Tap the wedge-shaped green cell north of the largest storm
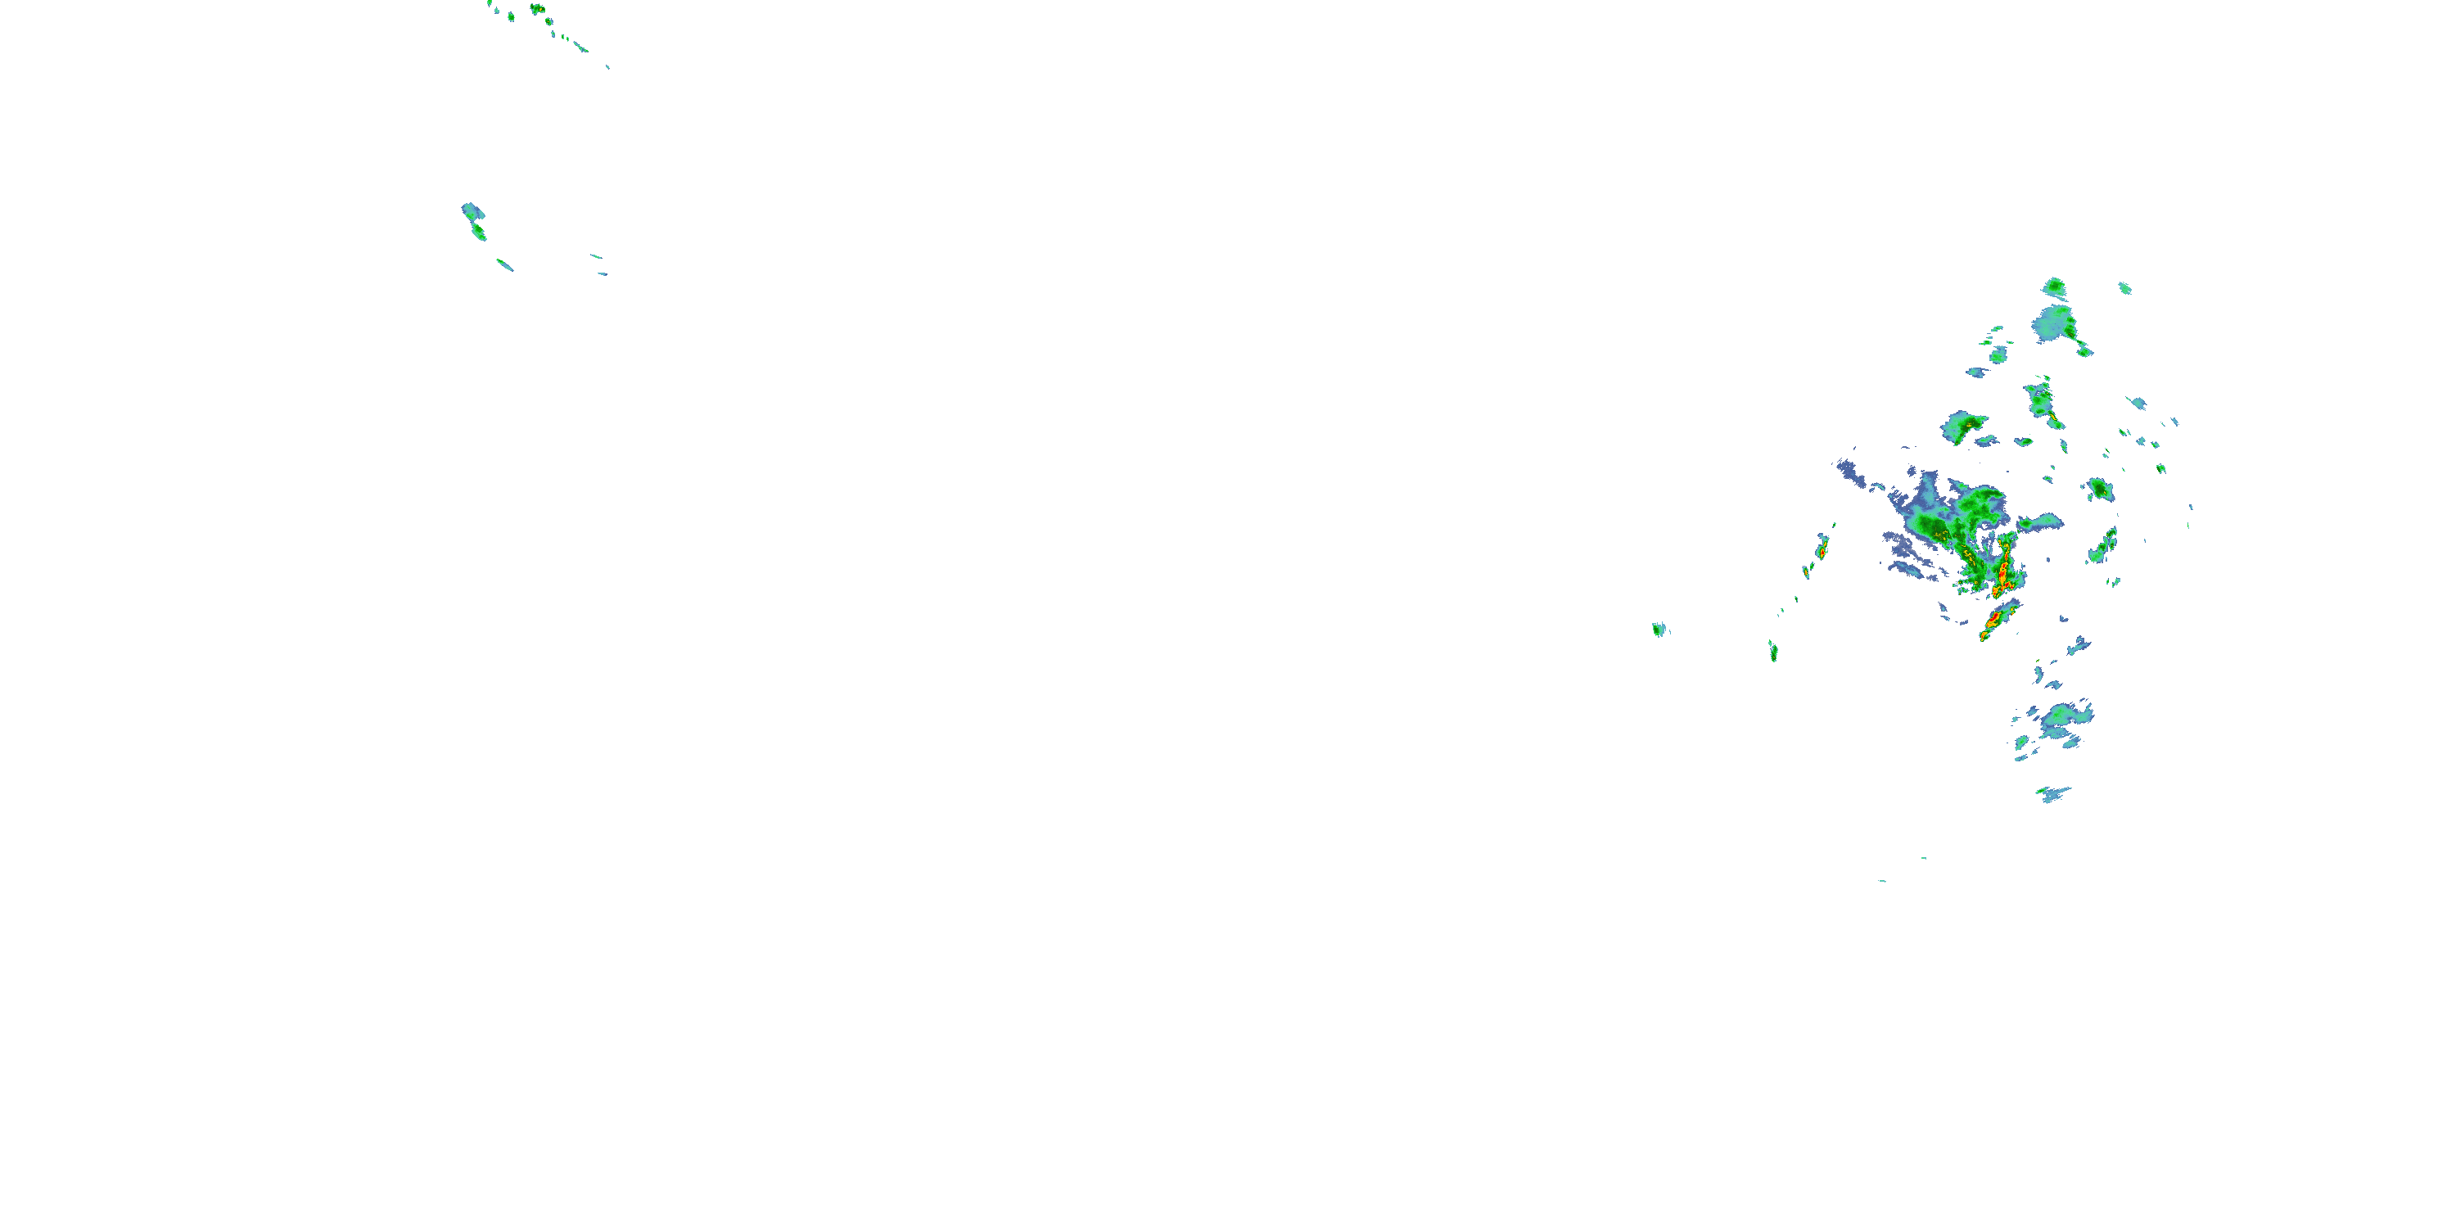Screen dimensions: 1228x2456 pos(1962,427)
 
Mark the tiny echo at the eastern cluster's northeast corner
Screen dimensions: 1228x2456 pos(2124,288)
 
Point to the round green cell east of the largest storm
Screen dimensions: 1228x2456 pos(2098,489)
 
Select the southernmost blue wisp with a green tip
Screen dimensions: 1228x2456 pos(2052,793)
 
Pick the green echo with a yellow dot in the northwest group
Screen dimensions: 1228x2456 pos(537,10)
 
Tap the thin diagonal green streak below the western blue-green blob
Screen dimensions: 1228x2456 pos(504,264)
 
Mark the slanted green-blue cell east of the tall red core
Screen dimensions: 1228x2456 pos(2103,546)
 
